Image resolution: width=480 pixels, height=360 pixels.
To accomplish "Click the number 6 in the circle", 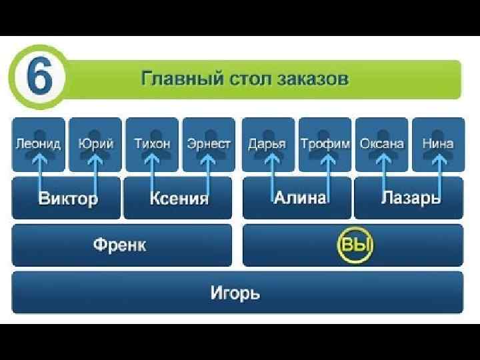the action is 39,78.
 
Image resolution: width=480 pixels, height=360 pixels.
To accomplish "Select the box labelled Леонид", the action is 38,143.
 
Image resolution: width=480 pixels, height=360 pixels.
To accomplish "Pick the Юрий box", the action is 95,143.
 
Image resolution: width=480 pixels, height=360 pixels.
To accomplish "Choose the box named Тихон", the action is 152,143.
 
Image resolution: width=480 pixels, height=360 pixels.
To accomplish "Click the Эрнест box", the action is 209,143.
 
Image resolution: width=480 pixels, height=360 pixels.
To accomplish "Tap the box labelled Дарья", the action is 267,143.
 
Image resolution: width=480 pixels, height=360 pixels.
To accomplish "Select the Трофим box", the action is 325,143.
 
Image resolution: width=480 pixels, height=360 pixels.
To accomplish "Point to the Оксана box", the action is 381,143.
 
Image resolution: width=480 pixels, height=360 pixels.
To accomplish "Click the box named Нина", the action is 438,143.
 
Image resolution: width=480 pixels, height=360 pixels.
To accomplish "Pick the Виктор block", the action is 67,198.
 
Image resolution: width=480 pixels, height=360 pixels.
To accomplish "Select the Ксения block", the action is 178,198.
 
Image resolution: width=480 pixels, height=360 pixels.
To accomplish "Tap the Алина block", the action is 297,198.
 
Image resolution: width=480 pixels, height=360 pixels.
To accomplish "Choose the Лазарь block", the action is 409,198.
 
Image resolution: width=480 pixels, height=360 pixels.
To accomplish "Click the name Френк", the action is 120,245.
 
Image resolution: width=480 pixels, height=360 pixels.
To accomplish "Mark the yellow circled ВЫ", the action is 355,245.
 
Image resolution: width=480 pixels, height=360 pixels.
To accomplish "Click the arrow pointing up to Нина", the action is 440,173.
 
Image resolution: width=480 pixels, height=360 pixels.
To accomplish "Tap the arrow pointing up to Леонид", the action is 40,173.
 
